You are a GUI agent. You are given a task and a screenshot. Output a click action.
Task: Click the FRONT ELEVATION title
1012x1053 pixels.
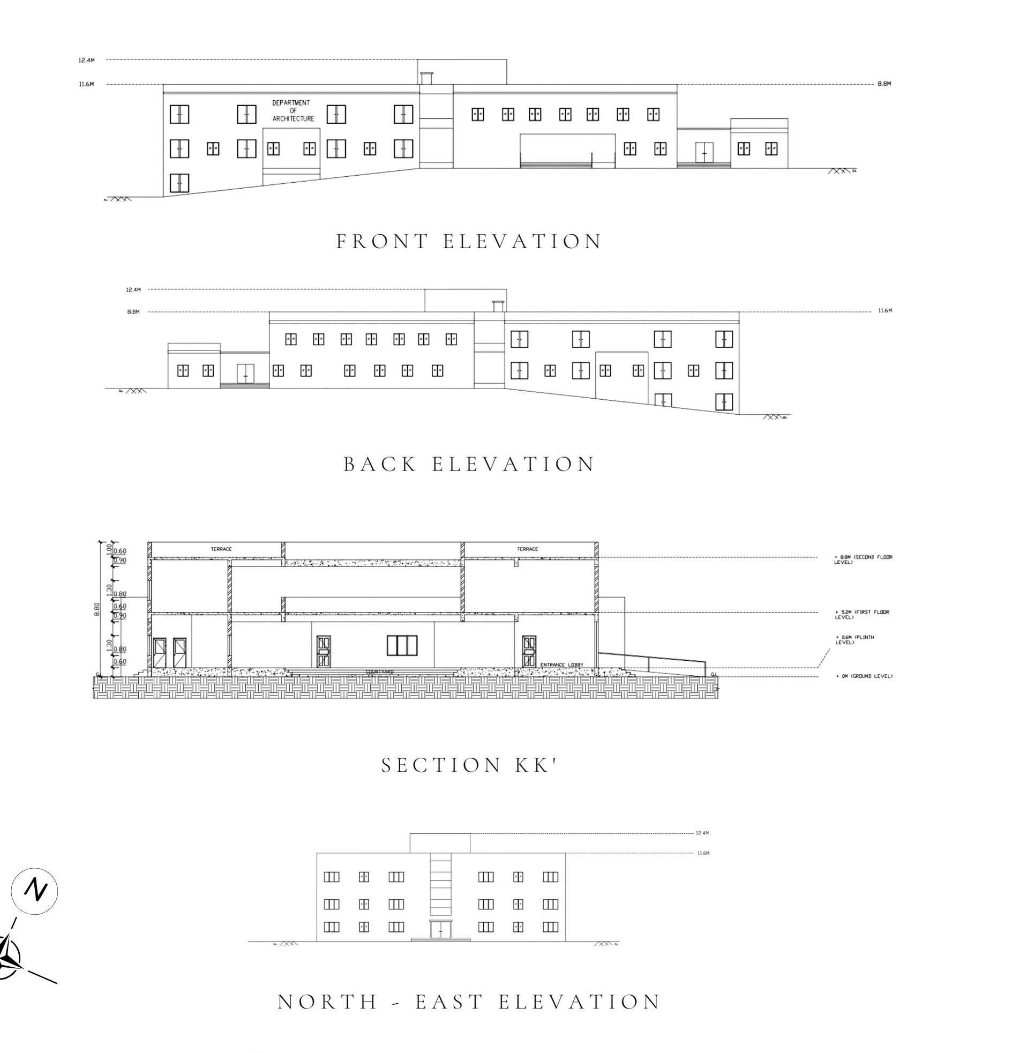(468, 241)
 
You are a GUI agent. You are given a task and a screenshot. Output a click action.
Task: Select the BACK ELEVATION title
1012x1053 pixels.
(468, 464)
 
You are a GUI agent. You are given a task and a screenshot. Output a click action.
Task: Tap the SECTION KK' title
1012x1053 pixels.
(468, 765)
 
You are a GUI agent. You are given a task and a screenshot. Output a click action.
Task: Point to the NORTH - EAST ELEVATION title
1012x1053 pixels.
(468, 1002)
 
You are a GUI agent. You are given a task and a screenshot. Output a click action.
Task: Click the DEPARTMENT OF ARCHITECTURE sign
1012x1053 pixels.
(293, 111)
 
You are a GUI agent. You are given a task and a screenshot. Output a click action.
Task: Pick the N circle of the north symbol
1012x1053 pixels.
(35, 890)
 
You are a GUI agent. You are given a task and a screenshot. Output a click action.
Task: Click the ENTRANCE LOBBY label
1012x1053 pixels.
(561, 664)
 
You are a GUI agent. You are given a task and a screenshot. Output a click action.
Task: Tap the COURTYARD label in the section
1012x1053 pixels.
(380, 671)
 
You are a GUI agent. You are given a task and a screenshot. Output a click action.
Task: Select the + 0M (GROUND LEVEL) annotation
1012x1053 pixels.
(864, 676)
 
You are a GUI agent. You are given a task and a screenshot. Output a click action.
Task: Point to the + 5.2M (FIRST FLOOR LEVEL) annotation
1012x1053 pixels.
(861, 614)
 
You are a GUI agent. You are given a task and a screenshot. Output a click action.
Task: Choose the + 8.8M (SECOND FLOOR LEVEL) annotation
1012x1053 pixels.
(863, 559)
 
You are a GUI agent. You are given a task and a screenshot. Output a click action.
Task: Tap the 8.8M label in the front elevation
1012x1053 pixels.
(884, 84)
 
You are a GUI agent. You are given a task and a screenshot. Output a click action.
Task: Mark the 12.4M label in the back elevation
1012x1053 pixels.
(133, 289)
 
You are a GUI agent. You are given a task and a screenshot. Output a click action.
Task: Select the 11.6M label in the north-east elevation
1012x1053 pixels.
(703, 853)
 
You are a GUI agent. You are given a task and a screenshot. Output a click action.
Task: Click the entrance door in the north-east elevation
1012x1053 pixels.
(440, 929)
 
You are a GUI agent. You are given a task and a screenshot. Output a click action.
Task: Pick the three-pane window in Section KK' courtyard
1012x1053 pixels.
(402, 645)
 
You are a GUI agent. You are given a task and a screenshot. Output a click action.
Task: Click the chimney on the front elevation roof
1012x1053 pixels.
(426, 78)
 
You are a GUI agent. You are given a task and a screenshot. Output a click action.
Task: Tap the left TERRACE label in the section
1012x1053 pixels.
(221, 549)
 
